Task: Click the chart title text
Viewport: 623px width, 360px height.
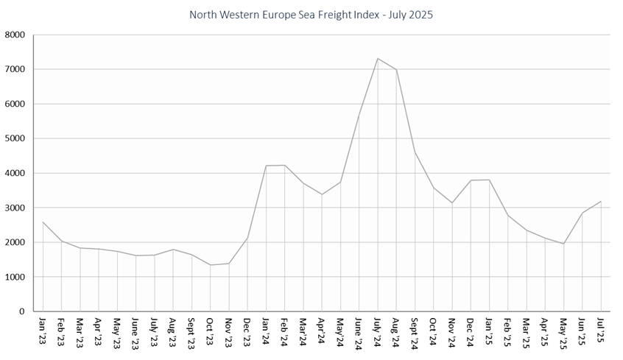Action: pyautogui.click(x=311, y=14)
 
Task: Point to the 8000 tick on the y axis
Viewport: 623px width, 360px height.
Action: pyautogui.click(x=15, y=35)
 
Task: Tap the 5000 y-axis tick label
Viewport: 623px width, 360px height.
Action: pyautogui.click(x=15, y=138)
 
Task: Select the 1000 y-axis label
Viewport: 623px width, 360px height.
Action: pyautogui.click(x=15, y=277)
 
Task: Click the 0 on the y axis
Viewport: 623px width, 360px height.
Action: pyautogui.click(x=22, y=311)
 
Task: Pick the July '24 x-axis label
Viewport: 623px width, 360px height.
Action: pyautogui.click(x=378, y=332)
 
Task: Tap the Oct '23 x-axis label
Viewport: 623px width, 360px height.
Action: pyautogui.click(x=211, y=331)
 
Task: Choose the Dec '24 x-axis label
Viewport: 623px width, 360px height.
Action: pyautogui.click(x=471, y=331)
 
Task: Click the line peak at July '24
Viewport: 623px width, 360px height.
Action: pyautogui.click(x=378, y=58)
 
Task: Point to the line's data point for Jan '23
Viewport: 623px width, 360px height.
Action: pyautogui.click(x=43, y=222)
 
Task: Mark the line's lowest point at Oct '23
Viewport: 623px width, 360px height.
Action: pyautogui.click(x=211, y=265)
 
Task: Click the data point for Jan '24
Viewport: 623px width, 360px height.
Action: pyautogui.click(x=266, y=166)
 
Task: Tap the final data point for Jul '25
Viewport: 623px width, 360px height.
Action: pyautogui.click(x=601, y=201)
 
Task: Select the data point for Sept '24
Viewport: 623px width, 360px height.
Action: pyautogui.click(x=415, y=152)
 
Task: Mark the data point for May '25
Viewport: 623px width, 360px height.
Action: pyautogui.click(x=563, y=244)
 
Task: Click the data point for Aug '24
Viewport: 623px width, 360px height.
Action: pyautogui.click(x=396, y=70)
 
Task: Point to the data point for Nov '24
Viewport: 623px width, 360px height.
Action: pyautogui.click(x=452, y=203)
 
